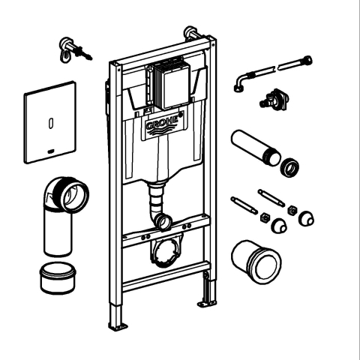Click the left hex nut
265,217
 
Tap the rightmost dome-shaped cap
305,218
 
